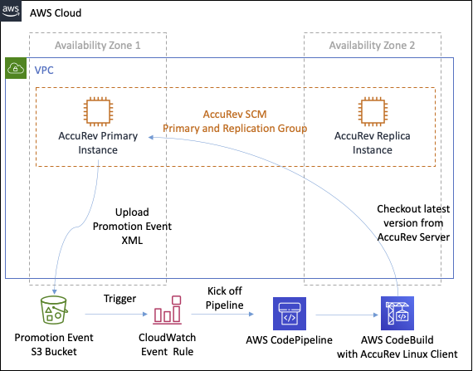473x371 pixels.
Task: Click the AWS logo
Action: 11,10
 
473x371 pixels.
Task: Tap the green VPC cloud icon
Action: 16,68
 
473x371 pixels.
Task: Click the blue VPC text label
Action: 43,71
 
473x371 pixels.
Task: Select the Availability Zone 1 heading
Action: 97,44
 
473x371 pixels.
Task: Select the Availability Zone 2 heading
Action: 372,44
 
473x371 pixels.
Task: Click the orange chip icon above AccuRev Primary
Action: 98,112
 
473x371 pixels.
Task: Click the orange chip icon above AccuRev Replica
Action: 372,112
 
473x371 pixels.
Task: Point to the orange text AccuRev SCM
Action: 235,114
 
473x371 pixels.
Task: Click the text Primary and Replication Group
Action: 235,129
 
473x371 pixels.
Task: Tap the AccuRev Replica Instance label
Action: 372,142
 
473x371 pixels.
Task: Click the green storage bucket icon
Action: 56,313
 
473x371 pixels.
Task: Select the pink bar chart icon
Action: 167,311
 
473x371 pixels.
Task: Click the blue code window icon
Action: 289,314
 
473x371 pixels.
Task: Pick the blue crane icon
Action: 397,314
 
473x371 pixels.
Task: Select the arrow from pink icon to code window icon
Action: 222,315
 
